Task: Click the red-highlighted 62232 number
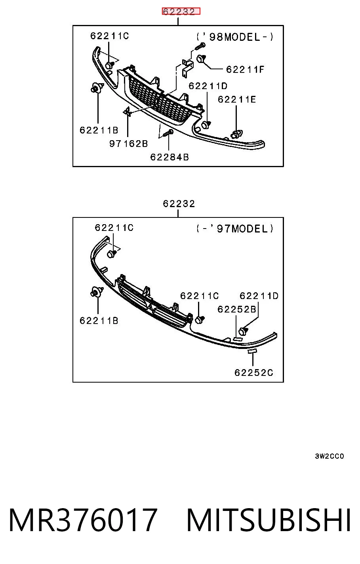tap(179, 11)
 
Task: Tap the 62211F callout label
tap(245, 69)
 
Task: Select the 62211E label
tap(237, 99)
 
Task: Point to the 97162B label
tap(128, 144)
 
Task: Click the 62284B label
tap(170, 157)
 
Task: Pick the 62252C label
tap(254, 372)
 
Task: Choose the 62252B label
tap(237, 309)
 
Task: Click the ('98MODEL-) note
tap(234, 37)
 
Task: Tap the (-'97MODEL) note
tap(234, 229)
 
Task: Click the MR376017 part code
tap(83, 520)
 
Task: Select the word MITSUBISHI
tap(269, 520)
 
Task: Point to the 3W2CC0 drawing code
tap(329, 456)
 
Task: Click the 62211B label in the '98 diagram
tap(99, 130)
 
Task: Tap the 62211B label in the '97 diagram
tap(99, 321)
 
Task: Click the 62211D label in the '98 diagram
tap(208, 86)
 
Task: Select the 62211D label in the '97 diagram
tap(259, 296)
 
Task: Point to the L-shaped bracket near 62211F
tap(187, 67)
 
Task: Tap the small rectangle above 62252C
tap(252, 351)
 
